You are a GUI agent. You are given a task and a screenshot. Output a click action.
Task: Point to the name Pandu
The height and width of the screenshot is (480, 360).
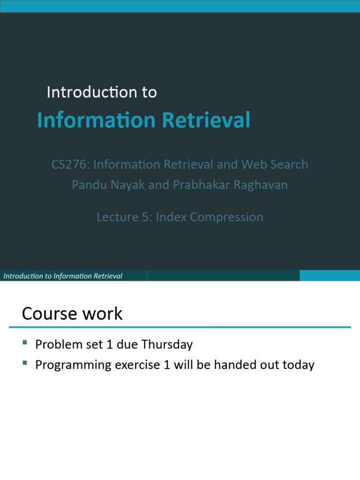coord(87,185)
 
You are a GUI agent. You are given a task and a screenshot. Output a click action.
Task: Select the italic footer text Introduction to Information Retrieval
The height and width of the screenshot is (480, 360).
coord(63,276)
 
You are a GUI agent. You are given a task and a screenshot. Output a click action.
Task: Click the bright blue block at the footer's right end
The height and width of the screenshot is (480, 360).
coord(330,276)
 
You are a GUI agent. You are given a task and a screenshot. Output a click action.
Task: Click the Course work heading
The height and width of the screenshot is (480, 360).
coord(72,314)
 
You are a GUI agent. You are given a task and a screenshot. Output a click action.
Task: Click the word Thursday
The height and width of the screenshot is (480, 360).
coord(167,345)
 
